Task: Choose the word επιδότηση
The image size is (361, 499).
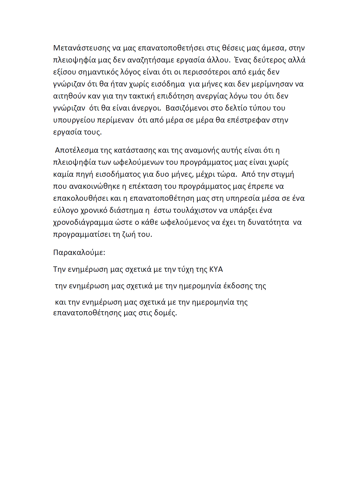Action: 176,96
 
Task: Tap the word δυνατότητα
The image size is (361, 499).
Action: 268,222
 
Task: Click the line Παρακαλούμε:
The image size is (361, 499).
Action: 79,253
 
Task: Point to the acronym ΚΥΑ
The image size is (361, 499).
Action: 216,269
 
